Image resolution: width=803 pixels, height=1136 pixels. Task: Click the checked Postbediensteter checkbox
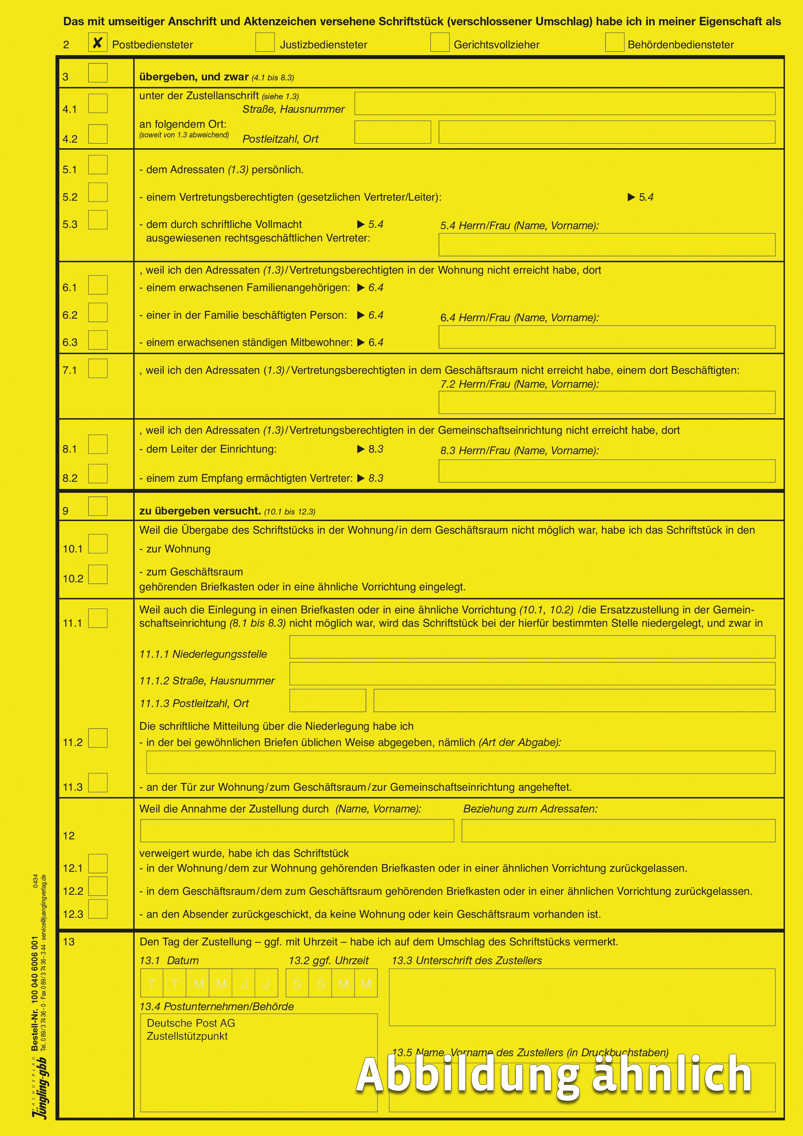(98, 42)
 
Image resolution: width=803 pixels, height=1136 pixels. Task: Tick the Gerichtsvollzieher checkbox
(440, 42)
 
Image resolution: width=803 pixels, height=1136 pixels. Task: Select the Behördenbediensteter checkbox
(614, 42)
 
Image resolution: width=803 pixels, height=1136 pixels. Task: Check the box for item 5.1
(98, 165)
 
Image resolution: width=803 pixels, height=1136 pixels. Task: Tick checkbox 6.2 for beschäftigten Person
(98, 313)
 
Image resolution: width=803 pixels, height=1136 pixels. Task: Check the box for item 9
(98, 506)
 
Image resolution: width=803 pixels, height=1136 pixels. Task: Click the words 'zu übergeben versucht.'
(200, 511)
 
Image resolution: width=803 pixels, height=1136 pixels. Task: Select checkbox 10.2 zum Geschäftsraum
(98, 574)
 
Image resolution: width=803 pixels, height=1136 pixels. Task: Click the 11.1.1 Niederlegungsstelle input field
(532, 647)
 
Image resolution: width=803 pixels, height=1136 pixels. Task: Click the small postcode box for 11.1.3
(327, 701)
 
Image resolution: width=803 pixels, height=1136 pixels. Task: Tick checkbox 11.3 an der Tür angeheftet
(98, 783)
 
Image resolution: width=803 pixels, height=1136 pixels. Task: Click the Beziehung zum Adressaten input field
(618, 831)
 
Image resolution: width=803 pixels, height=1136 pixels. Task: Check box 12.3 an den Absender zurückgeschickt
(98, 909)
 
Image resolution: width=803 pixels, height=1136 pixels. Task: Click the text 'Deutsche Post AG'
(191, 1023)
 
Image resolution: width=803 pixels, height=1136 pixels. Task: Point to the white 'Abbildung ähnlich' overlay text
(554, 1075)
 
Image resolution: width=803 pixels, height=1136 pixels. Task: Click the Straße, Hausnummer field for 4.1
(564, 103)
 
